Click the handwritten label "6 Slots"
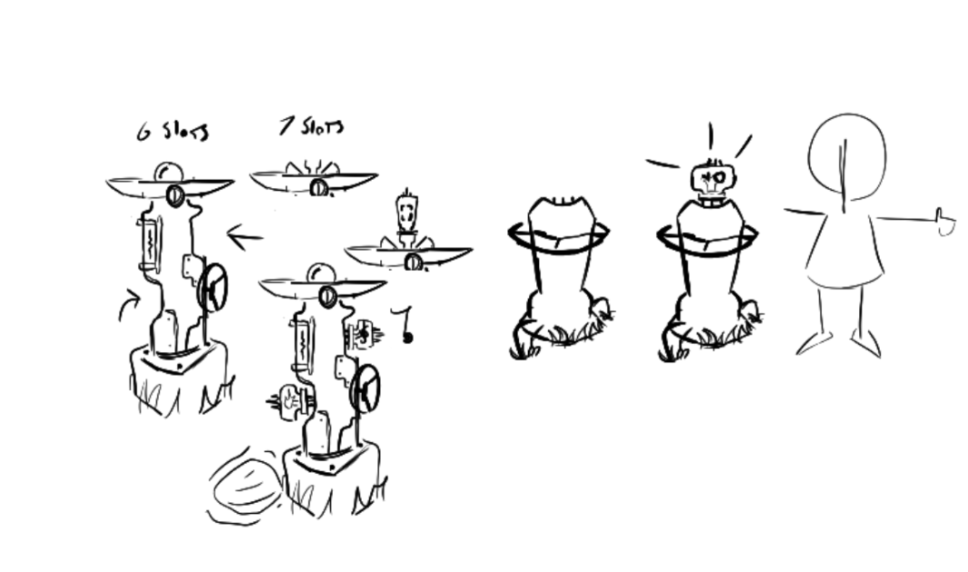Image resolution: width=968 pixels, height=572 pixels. [172, 131]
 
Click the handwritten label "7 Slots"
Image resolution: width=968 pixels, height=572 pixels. [311, 125]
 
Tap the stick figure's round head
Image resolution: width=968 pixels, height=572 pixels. [847, 157]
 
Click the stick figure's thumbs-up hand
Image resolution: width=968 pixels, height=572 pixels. [945, 222]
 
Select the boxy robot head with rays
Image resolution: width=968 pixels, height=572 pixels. [714, 178]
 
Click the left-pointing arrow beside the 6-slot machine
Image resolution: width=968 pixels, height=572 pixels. [244, 236]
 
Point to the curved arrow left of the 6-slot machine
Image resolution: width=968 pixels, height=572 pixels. [129, 304]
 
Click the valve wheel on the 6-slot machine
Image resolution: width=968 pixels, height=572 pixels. [213, 287]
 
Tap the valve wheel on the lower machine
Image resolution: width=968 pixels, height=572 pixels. [364, 388]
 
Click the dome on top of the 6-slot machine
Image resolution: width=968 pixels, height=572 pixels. [168, 172]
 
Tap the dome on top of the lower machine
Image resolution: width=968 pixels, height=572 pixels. [321, 273]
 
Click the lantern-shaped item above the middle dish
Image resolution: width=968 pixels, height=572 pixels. [407, 213]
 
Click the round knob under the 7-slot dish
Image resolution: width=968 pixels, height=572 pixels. [318, 187]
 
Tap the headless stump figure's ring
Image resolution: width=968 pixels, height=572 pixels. [559, 234]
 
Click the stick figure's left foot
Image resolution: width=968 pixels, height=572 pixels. [814, 343]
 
